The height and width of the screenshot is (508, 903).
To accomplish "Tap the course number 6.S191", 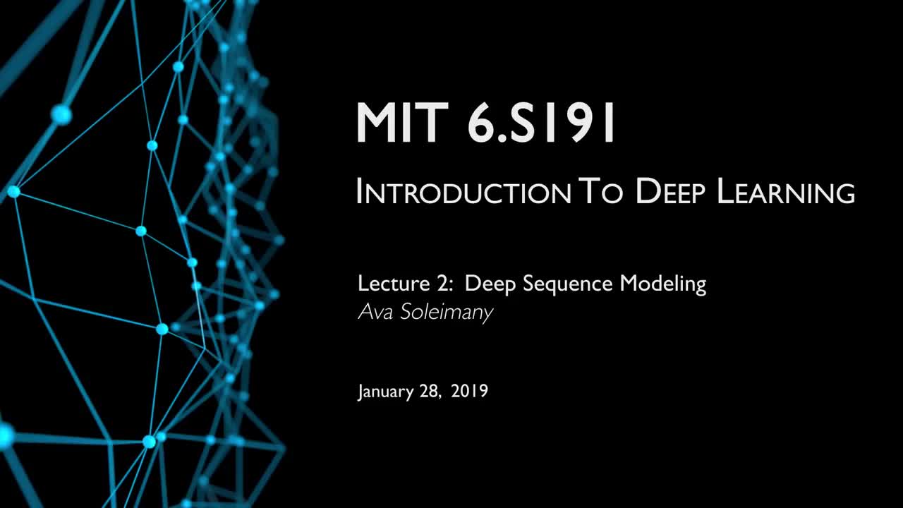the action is [541, 122].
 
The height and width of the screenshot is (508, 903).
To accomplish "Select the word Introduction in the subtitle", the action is [464, 192].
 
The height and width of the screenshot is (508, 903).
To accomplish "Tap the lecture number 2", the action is [441, 283].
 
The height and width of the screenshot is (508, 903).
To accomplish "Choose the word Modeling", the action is [662, 284].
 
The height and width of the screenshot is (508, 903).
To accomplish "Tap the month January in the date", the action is [386, 392].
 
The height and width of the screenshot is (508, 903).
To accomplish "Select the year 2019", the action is [470, 391].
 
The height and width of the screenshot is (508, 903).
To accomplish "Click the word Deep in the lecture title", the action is [490, 284].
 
